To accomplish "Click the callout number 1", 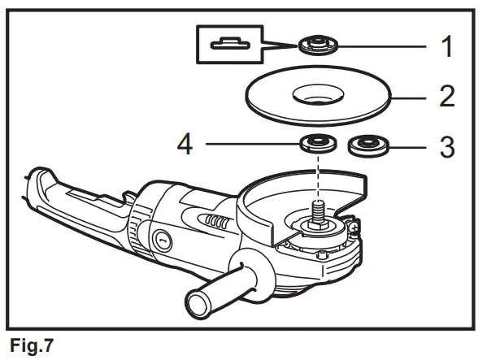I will [446, 46].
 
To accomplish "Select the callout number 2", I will [446, 97].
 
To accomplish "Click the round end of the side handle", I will [198, 307].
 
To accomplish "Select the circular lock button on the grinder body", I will [159, 239].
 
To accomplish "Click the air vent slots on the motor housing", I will [215, 221].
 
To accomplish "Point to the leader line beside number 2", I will [411, 97].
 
